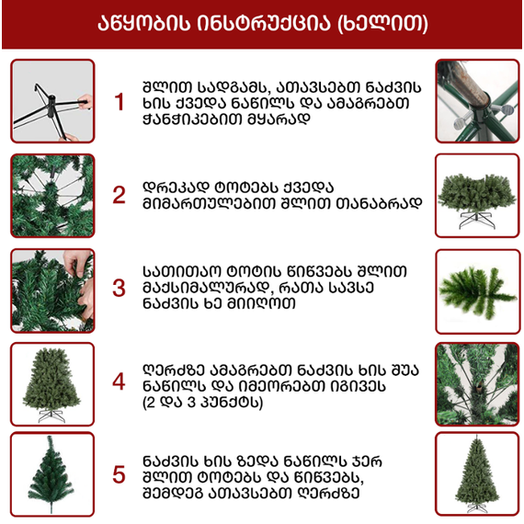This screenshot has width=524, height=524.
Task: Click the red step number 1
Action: [x=119, y=102]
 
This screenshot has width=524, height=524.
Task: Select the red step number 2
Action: [x=119, y=195]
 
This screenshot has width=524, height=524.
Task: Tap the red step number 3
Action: [x=119, y=289]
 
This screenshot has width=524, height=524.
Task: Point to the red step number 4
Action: [x=119, y=382]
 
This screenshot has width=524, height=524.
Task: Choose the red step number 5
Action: [x=119, y=475]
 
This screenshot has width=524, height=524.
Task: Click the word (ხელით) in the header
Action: [x=382, y=24]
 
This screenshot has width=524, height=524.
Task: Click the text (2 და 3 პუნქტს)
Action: [x=202, y=402]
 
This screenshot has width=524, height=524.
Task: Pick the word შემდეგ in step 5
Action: [x=172, y=493]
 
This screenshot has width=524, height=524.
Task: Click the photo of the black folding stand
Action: [x=52, y=101]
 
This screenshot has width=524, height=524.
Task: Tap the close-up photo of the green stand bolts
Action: [x=477, y=101]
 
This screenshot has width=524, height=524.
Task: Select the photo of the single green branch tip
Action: [x=478, y=291]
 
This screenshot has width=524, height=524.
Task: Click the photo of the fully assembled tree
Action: [x=477, y=474]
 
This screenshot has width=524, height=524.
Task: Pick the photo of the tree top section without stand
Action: [x=52, y=474]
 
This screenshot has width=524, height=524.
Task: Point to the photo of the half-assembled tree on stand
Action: [x=52, y=384]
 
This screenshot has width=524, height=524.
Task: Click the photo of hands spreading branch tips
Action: [x=52, y=290]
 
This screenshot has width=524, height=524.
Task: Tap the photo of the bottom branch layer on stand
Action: [x=477, y=196]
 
